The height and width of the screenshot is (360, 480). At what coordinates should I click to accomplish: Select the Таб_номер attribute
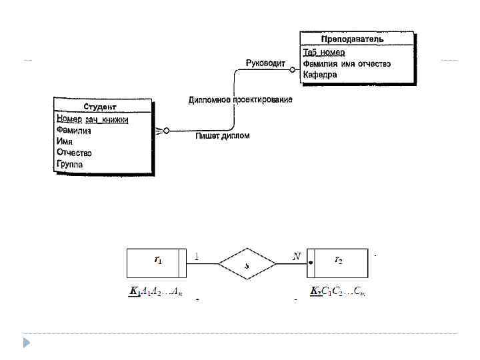point(325,52)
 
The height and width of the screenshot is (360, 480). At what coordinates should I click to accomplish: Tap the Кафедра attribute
point(320,75)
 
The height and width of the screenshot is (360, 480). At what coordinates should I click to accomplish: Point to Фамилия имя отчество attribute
point(346,63)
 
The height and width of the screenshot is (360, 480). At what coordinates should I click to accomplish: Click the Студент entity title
point(100,107)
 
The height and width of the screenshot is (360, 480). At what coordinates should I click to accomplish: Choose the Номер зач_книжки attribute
point(92,119)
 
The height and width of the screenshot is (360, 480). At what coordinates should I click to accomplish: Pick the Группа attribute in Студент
point(70,164)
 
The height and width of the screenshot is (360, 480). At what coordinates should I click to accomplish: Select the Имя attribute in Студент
point(65,141)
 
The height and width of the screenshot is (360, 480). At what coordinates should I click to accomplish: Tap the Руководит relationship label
point(265,63)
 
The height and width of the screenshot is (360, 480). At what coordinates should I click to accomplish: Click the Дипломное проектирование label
point(240,99)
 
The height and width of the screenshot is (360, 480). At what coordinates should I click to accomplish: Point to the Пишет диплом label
point(223,136)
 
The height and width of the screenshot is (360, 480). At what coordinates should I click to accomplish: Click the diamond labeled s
point(247,264)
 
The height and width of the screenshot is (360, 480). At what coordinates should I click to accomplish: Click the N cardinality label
point(297,255)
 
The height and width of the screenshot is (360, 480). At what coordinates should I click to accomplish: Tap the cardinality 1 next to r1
point(196,255)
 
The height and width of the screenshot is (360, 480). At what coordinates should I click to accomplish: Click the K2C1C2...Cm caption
point(337,291)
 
